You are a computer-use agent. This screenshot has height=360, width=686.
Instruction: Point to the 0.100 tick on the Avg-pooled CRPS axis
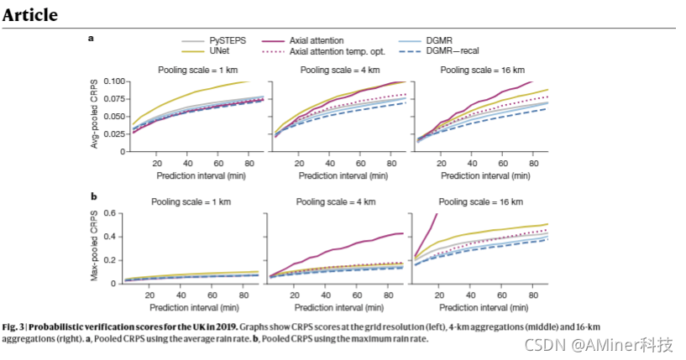pyautogui.click(x=113, y=81)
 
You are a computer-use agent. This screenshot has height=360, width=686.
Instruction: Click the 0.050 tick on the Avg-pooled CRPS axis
pyautogui.click(x=113, y=117)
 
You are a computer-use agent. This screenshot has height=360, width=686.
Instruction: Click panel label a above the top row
pyautogui.click(x=92, y=39)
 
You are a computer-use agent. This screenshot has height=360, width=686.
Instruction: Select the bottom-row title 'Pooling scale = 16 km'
pyautogui.click(x=480, y=201)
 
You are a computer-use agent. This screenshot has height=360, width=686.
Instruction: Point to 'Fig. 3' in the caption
pyautogui.click(x=14, y=325)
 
